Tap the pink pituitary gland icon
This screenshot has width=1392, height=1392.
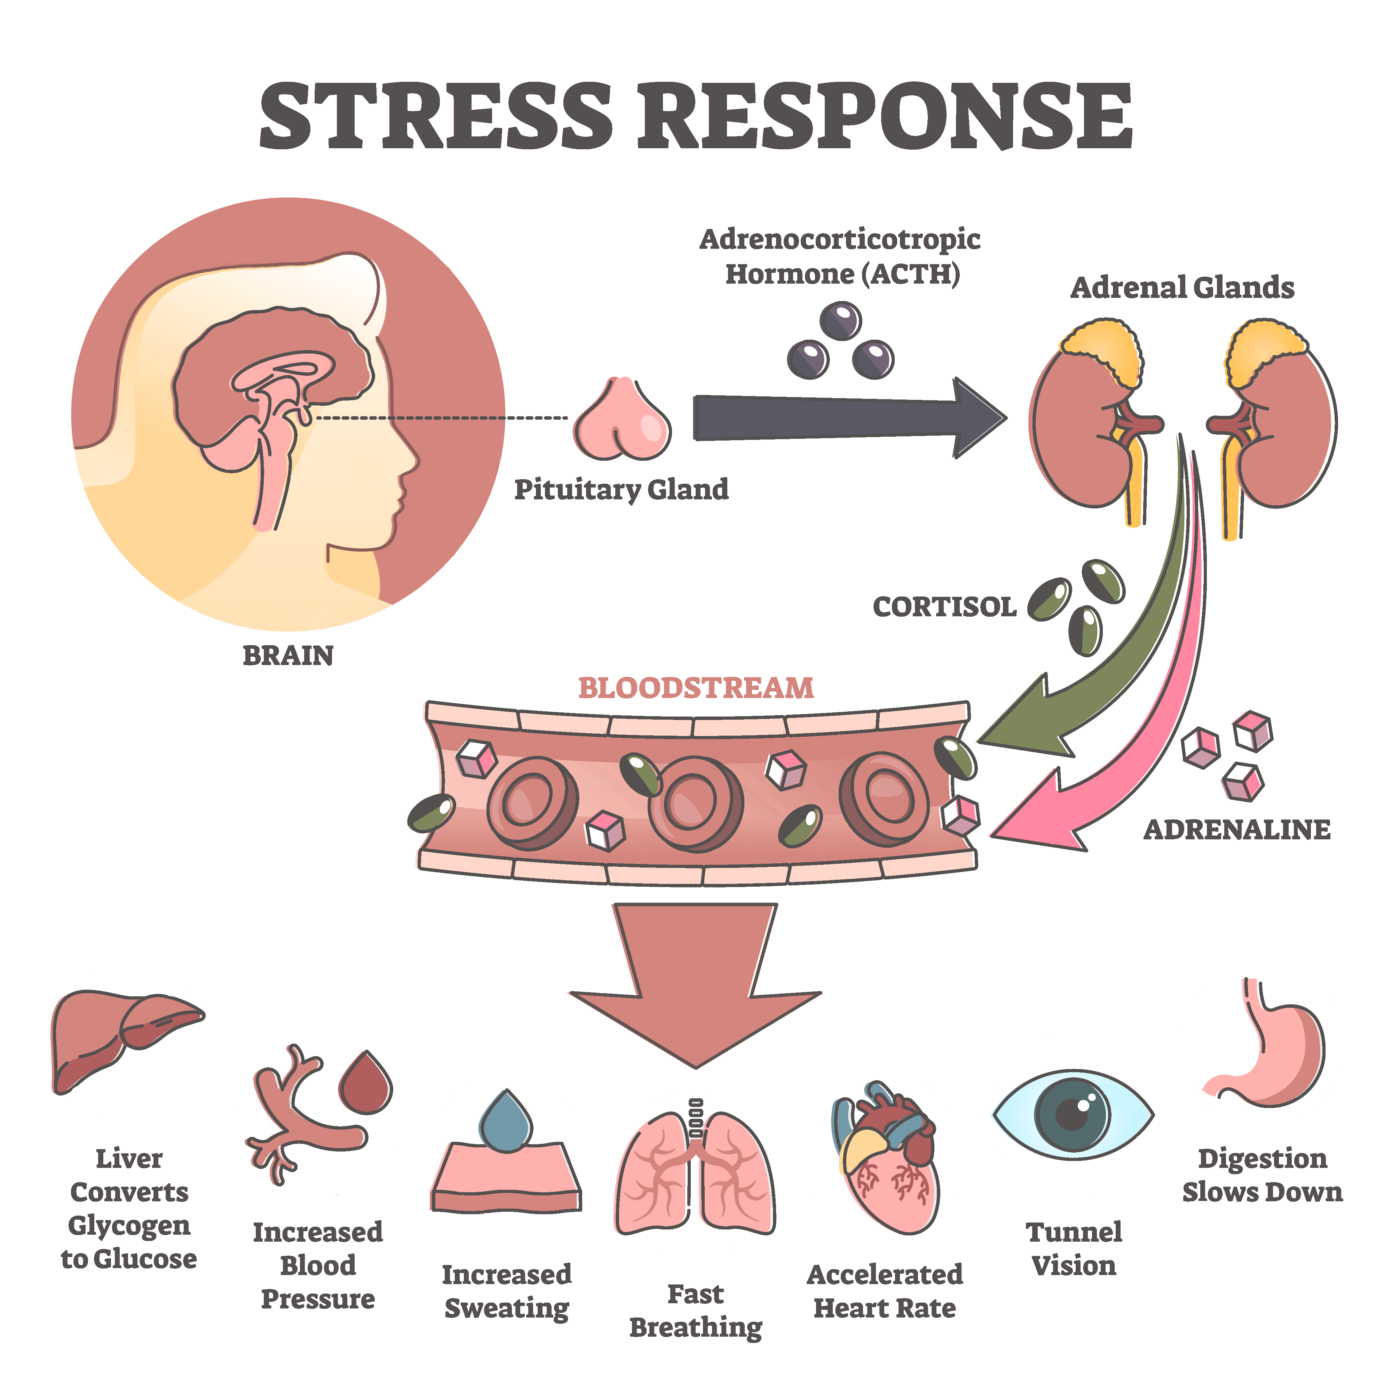(621, 421)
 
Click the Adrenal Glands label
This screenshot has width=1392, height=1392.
(1181, 288)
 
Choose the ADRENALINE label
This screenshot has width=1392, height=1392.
(1236, 830)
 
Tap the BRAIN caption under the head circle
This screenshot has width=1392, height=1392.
(288, 656)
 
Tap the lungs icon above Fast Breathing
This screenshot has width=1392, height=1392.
(695, 1174)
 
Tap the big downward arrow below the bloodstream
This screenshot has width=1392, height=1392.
(695, 987)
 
